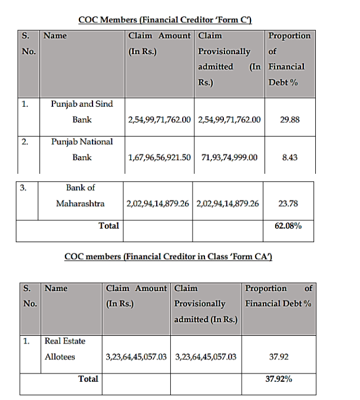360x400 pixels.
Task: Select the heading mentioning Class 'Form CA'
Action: [168, 257]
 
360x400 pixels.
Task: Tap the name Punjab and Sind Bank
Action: [82, 111]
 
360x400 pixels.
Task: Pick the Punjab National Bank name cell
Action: [82, 150]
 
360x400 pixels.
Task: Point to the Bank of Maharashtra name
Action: [81, 196]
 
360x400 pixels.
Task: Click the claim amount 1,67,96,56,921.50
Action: [159, 158]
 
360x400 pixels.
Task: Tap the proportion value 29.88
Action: [290, 120]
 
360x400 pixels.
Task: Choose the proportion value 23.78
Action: [288, 204]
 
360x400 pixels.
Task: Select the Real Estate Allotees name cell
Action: [65, 349]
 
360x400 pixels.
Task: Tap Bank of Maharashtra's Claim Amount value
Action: [157, 204]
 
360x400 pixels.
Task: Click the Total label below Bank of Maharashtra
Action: [108, 225]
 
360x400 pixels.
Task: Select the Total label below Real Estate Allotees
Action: [88, 379]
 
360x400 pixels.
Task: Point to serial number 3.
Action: [23, 188]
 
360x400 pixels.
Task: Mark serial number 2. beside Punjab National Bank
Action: [25, 142]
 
